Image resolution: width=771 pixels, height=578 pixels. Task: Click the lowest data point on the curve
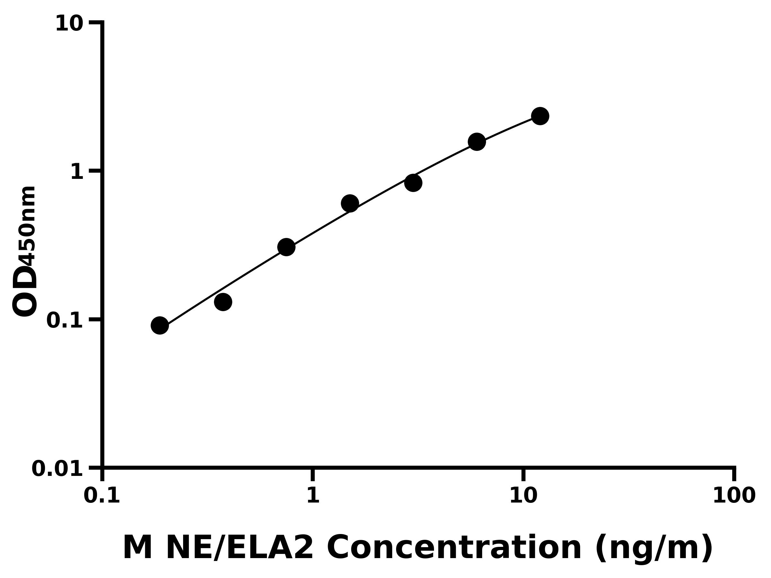tap(160, 325)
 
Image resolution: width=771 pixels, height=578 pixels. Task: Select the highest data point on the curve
tap(540, 116)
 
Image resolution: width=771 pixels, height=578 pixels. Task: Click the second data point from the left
tap(223, 302)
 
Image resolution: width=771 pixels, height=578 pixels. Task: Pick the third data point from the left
tap(286, 247)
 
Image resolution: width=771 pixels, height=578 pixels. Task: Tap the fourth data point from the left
tap(350, 203)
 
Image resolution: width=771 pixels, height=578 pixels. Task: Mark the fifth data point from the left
tap(413, 183)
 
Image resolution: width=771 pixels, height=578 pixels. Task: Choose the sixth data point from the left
tap(476, 142)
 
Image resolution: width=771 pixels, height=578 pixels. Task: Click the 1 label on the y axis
tap(77, 172)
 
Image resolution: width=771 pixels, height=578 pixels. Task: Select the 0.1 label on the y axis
tap(65, 320)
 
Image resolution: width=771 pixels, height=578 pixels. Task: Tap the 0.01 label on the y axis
tap(58, 469)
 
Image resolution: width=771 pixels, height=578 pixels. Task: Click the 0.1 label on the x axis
tap(102, 496)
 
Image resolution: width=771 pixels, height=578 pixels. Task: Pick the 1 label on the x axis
tap(313, 496)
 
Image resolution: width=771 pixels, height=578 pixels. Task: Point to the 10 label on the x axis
tap(523, 496)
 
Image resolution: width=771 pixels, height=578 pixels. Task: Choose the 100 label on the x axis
tap(734, 496)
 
